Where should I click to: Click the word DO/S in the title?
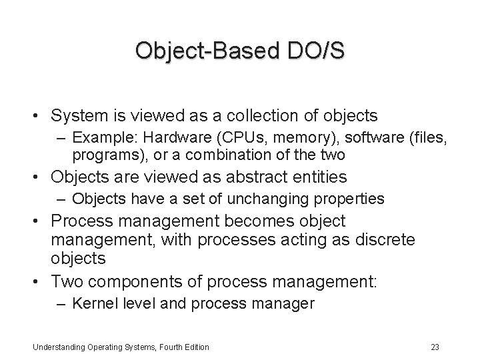[313, 51]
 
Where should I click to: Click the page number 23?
[435, 347]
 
